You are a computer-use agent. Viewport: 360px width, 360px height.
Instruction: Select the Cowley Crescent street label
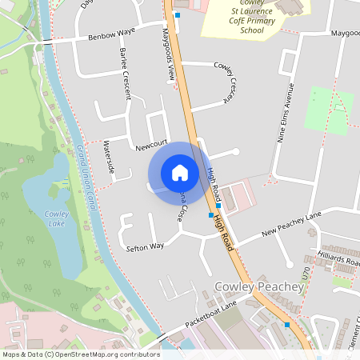[x=222, y=81]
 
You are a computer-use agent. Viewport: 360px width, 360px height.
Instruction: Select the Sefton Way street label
[x=145, y=248]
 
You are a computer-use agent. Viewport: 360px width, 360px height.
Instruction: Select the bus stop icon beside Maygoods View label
[x=178, y=15]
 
